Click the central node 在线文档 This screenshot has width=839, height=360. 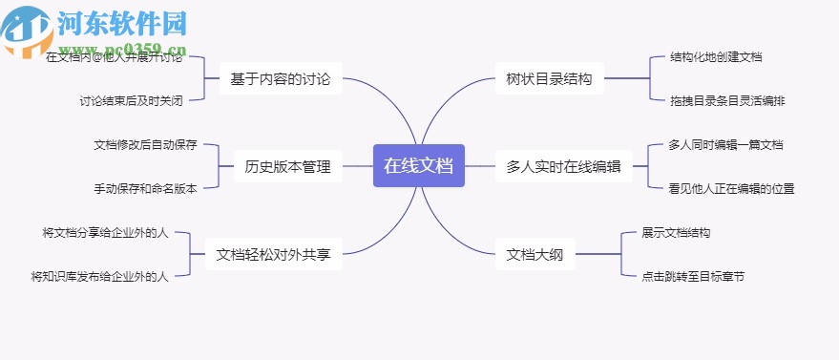tap(418, 165)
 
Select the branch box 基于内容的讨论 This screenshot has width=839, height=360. tap(280, 79)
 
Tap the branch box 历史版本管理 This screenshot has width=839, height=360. tap(287, 167)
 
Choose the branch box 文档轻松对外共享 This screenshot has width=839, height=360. tap(273, 254)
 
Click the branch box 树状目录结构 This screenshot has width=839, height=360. tap(550, 79)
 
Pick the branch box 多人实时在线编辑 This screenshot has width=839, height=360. tap(563, 167)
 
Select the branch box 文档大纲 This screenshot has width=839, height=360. tap(535, 254)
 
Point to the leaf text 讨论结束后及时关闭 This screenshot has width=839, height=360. tap(131, 100)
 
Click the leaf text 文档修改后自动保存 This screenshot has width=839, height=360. tap(145, 145)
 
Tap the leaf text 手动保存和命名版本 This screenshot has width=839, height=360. tap(145, 189)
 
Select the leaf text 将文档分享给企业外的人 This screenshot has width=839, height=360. tap(105, 232)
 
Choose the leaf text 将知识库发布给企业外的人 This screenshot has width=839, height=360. tap(99, 277)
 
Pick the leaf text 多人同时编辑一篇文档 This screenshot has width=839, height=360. tap(725, 145)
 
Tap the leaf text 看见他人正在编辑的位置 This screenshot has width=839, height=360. tap(731, 189)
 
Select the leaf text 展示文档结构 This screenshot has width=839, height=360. tap(676, 232)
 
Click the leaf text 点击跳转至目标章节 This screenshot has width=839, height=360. tap(693, 277)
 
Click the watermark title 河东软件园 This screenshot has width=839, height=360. tap(121, 22)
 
